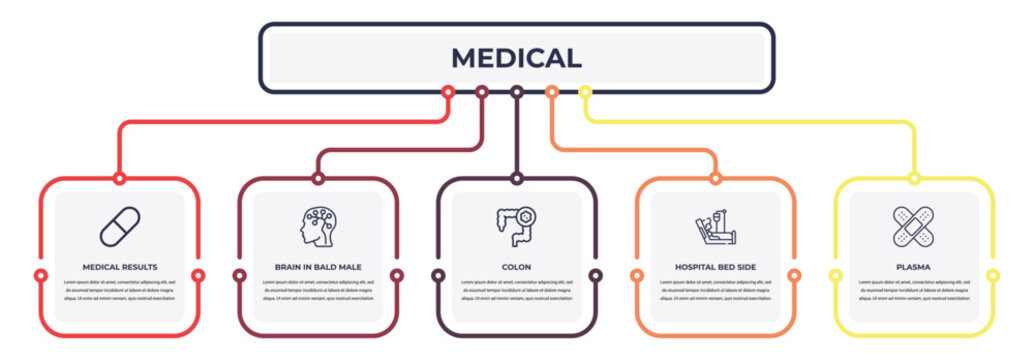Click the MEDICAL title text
pyautogui.click(x=516, y=58)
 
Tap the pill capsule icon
pyautogui.click(x=120, y=226)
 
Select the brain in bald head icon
pyautogui.click(x=318, y=227)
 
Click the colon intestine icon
pyautogui.click(x=516, y=227)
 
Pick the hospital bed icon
pyautogui.click(x=715, y=228)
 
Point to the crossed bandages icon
pyautogui.click(x=913, y=226)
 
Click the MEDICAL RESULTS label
pyautogui.click(x=120, y=267)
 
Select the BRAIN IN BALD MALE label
pyautogui.click(x=318, y=267)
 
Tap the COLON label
pyautogui.click(x=516, y=267)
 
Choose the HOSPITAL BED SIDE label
pyautogui.click(x=715, y=267)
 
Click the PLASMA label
pyautogui.click(x=913, y=267)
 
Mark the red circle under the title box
pyautogui.click(x=448, y=92)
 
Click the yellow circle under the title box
pyautogui.click(x=585, y=92)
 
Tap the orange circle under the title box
pyautogui.click(x=551, y=92)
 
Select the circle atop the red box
pyautogui.click(x=120, y=179)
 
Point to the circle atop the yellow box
pyautogui.click(x=913, y=179)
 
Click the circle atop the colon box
pyautogui.click(x=516, y=179)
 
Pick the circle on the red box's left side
pyautogui.click(x=41, y=275)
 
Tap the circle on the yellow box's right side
pyautogui.click(x=992, y=275)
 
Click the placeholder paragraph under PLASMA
pyautogui.click(x=913, y=290)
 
